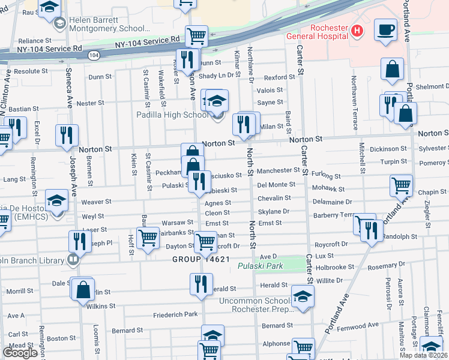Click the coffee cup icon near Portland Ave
[385, 29]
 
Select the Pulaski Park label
[260, 266]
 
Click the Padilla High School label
[172, 115]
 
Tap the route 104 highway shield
[93, 55]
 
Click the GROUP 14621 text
[201, 260]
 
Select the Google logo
[20, 353]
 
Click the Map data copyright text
[425, 355]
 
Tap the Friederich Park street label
[175, 314]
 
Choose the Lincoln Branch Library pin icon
[73, 260]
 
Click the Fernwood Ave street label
[358, 325]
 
